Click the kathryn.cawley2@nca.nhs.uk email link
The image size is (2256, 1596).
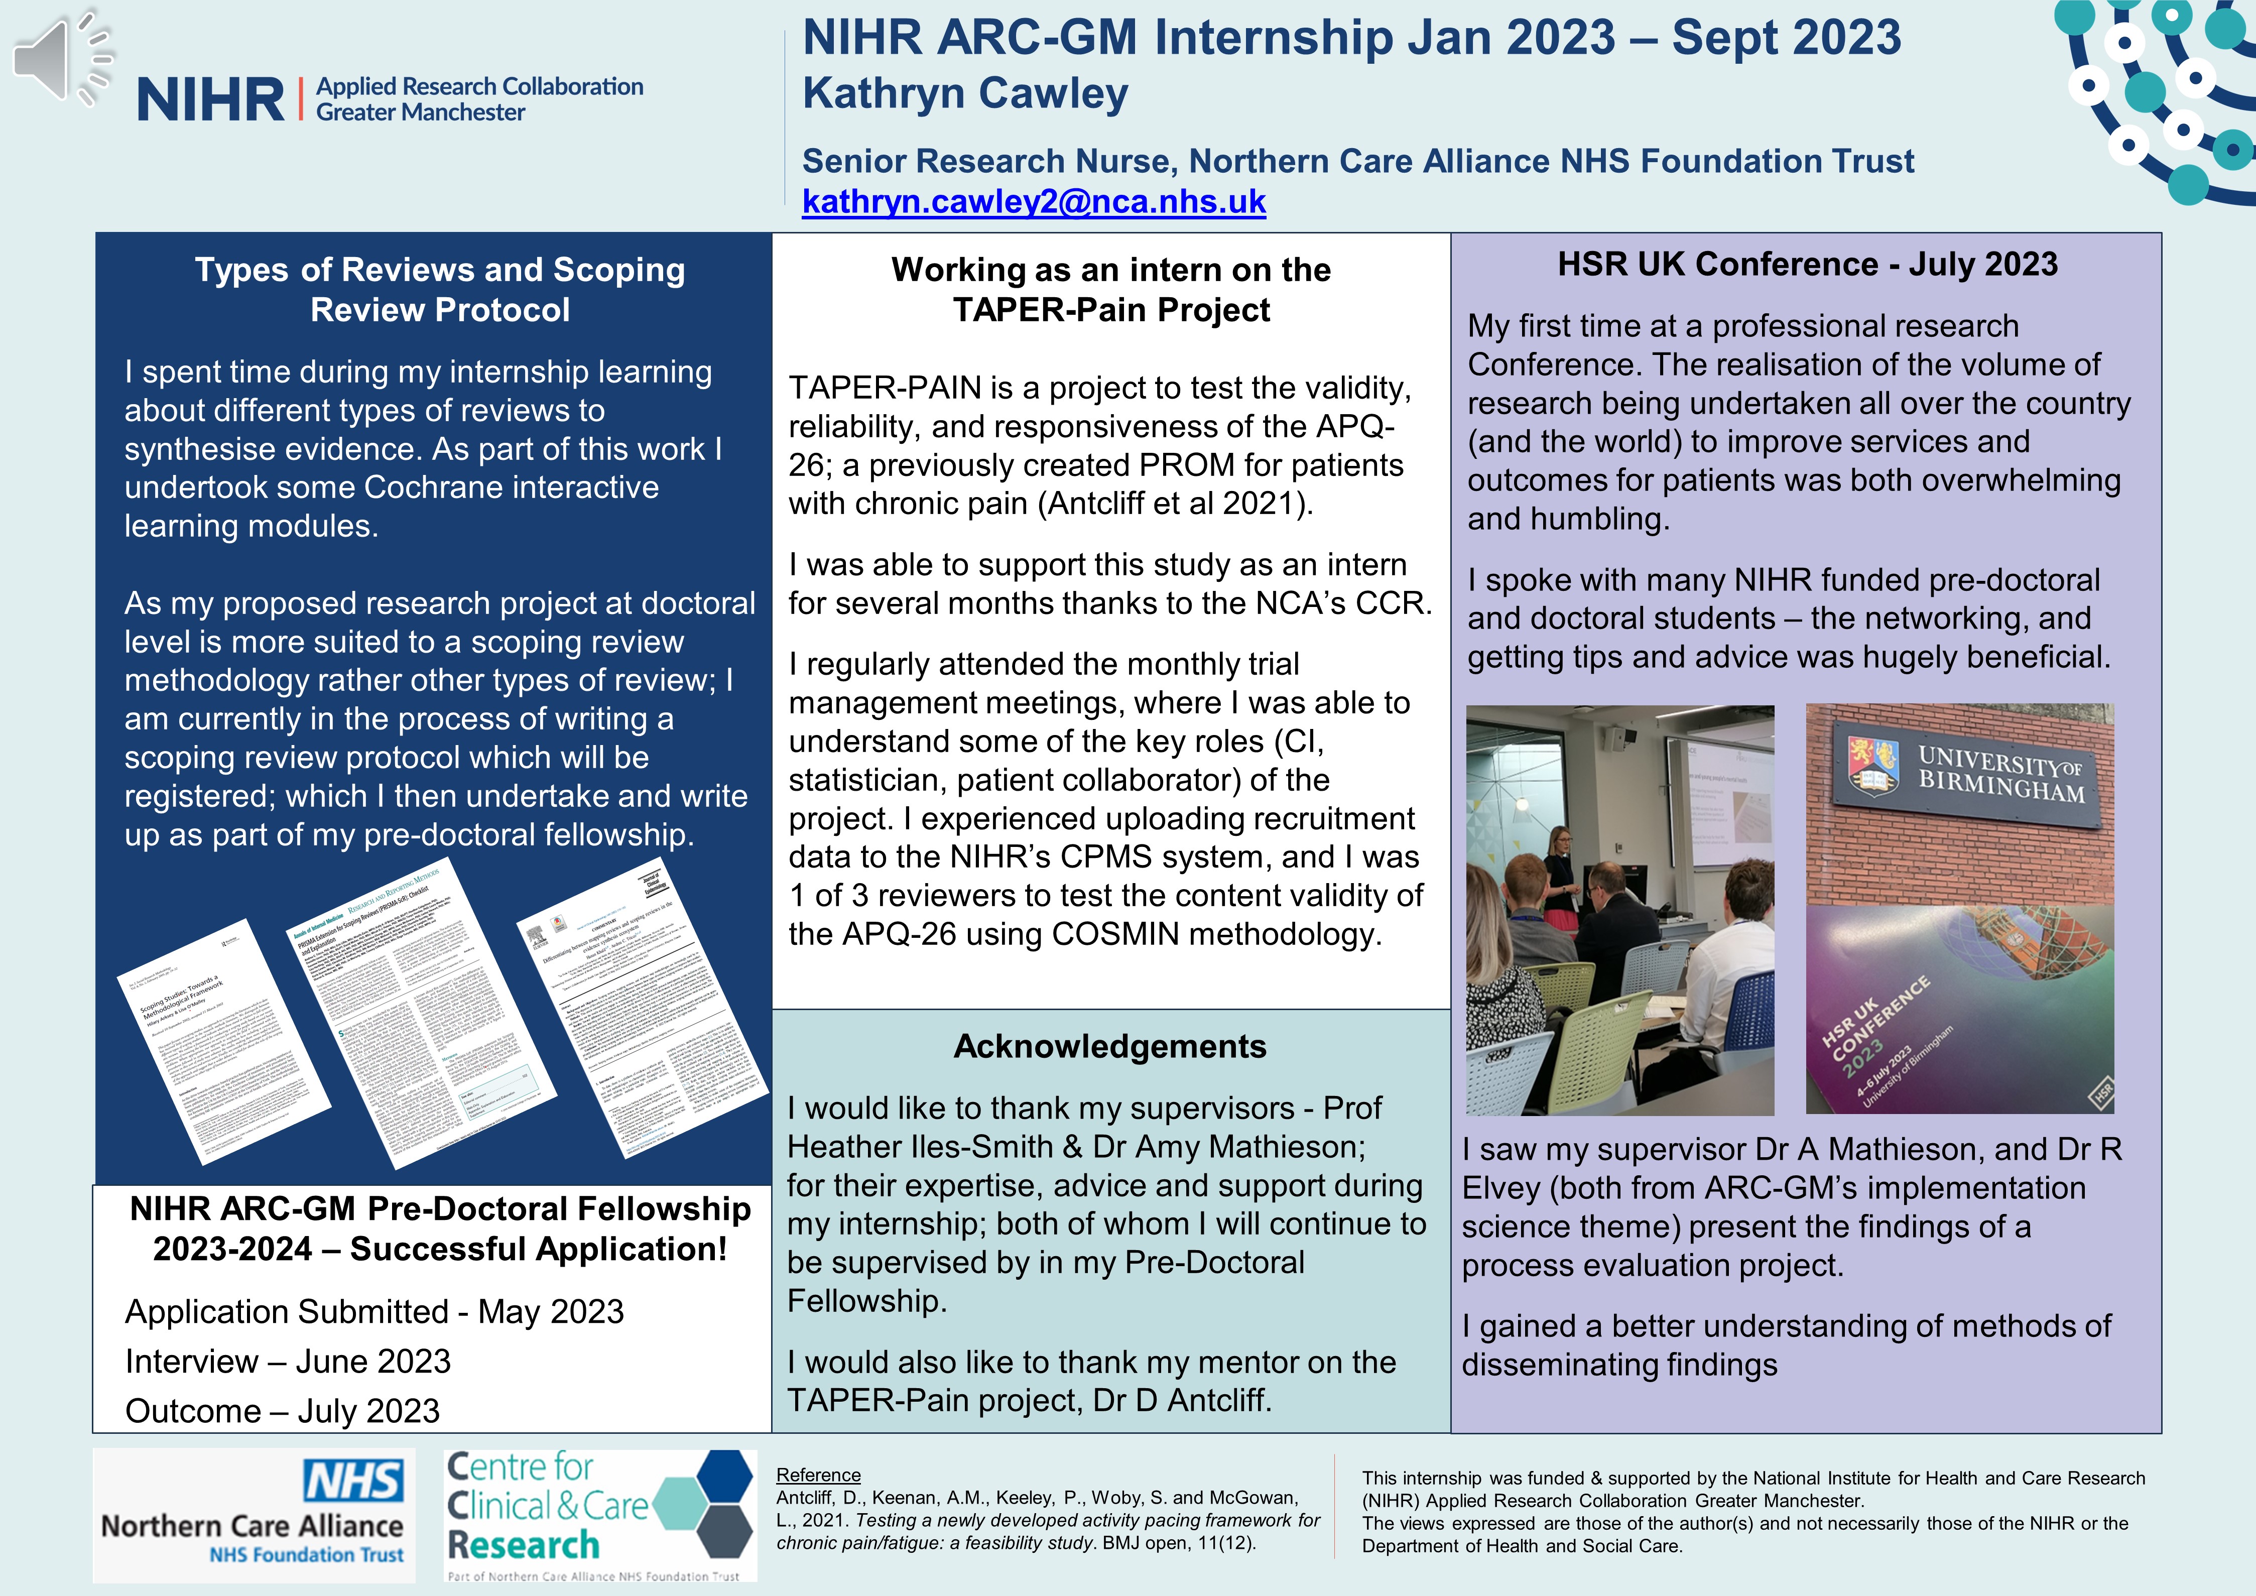pyautogui.click(x=1034, y=201)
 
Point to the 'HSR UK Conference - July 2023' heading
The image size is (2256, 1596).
pyautogui.click(x=1807, y=265)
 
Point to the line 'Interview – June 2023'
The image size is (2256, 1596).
pyautogui.click(x=288, y=1361)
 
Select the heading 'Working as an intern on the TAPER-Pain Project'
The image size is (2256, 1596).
pyautogui.click(x=1110, y=289)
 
